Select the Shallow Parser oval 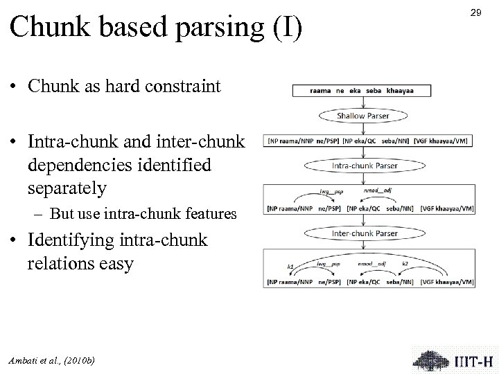362,116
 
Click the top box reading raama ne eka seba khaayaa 362,91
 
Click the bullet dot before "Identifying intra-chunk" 15,241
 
